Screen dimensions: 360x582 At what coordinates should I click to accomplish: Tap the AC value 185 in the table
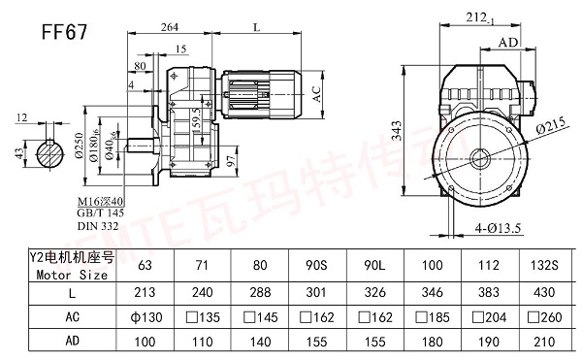tap(432, 315)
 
